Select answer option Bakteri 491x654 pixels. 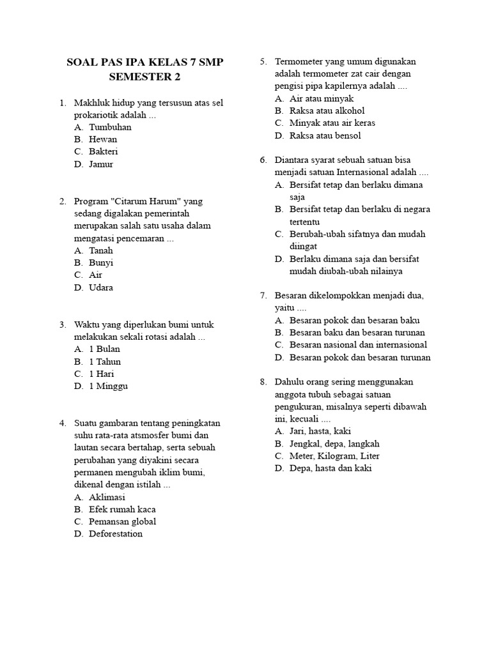(x=104, y=151)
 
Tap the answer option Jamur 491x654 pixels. (x=101, y=164)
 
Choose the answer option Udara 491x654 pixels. (x=101, y=287)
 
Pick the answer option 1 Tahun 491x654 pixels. (x=105, y=361)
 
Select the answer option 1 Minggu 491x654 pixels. (x=108, y=386)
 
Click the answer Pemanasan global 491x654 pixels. (x=123, y=521)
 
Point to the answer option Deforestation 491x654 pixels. (x=116, y=533)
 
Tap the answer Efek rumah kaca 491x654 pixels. (x=122, y=509)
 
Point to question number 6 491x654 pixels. (x=263, y=160)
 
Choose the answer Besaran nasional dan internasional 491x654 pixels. (x=358, y=345)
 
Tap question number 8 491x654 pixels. (x=263, y=382)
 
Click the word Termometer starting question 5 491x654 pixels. (x=300, y=62)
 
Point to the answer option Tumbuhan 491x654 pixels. (x=110, y=127)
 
